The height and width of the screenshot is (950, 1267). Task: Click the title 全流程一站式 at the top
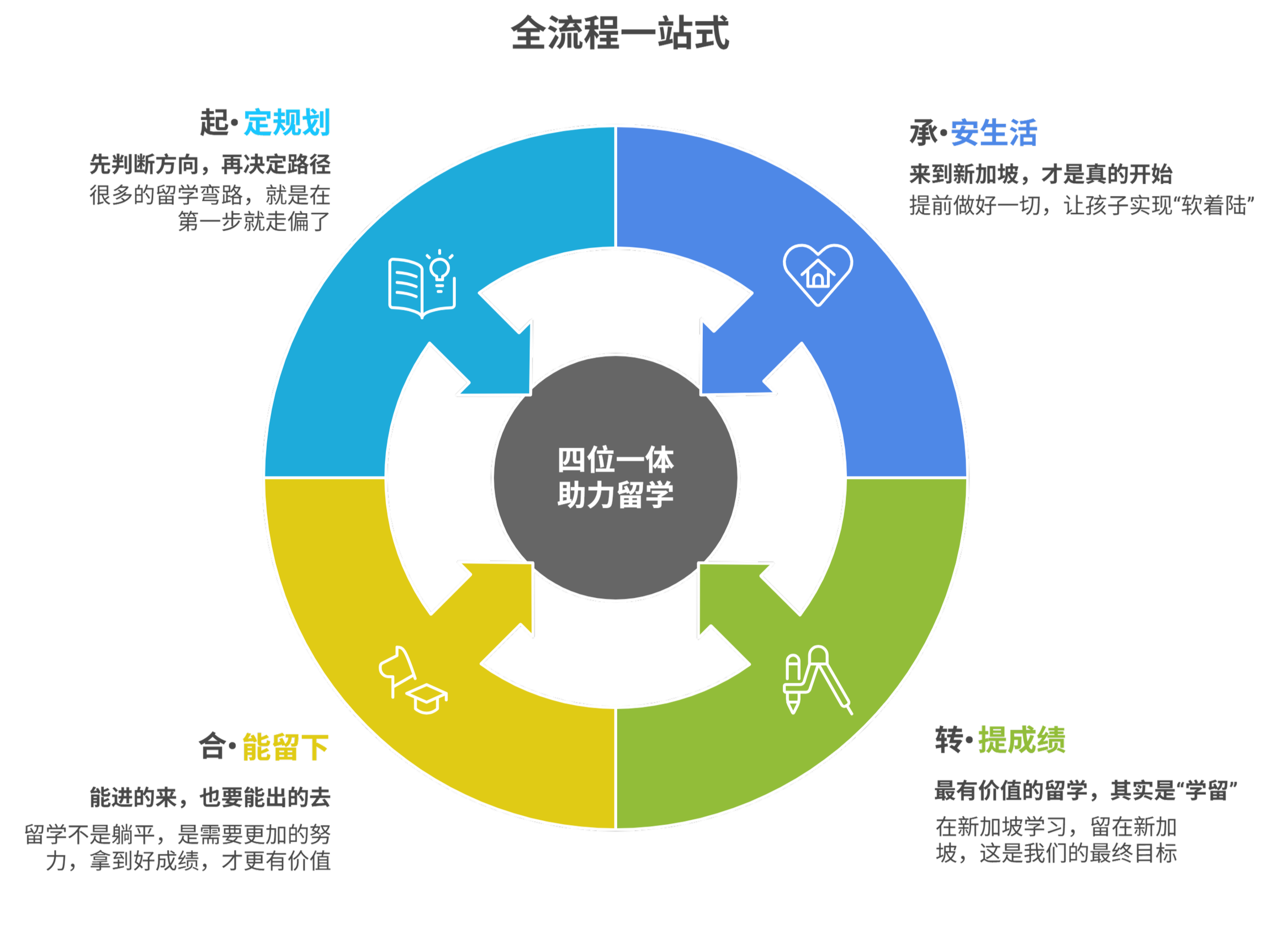(620, 33)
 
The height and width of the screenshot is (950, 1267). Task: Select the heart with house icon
(818, 274)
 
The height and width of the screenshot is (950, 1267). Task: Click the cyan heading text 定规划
(287, 123)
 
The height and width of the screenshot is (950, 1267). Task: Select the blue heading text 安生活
(994, 133)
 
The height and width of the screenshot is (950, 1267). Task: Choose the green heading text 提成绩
(1021, 740)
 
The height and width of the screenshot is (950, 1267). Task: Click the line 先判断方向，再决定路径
(210, 165)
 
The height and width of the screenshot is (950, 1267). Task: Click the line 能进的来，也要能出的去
(210, 797)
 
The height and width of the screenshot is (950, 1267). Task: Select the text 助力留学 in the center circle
(615, 495)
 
